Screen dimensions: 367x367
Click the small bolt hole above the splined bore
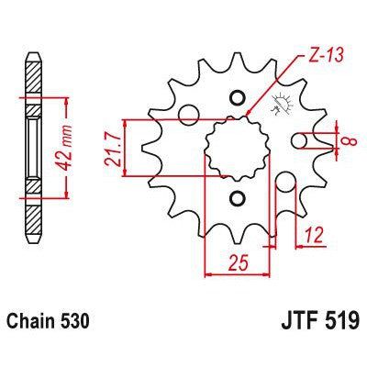[239, 99]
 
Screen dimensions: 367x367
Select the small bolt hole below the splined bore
[239, 198]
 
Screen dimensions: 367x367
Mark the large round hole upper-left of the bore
[190, 114]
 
